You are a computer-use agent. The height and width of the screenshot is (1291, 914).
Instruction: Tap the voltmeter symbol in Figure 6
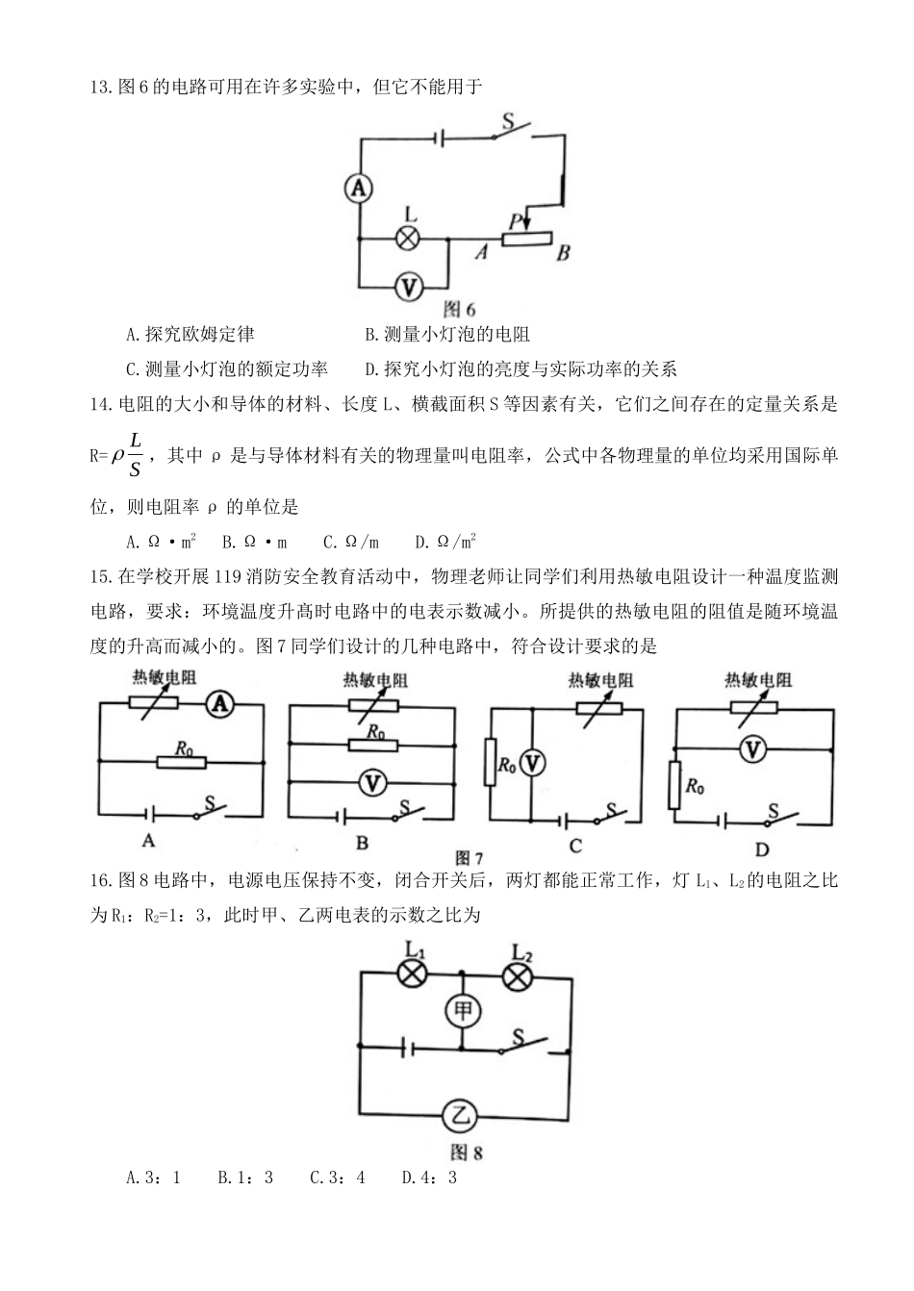409,286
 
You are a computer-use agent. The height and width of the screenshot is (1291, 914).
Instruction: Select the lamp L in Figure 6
409,238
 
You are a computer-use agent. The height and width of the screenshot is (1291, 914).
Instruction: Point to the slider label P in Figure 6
515,221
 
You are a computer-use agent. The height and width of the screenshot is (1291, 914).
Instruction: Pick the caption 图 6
459,310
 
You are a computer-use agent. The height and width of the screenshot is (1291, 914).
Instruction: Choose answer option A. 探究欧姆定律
190,335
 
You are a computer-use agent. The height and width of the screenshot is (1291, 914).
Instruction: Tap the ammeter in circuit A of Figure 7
220,705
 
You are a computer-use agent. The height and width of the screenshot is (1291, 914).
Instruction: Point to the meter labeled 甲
464,1010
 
